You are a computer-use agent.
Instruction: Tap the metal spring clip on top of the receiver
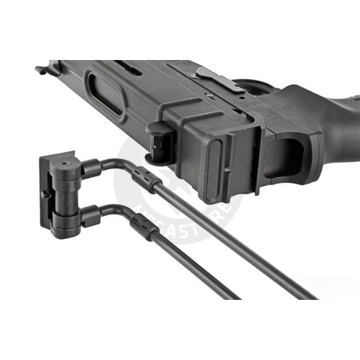217,79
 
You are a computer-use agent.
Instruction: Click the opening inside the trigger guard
289,150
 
